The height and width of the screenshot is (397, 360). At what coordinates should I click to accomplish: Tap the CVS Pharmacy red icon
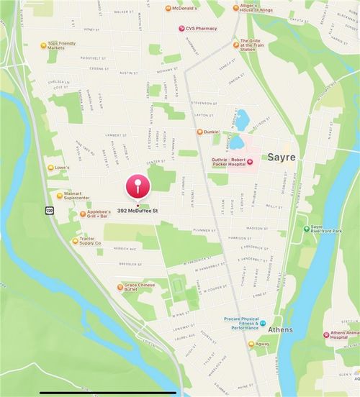point(181,28)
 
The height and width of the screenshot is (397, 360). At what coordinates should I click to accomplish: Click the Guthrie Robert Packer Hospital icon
point(250,163)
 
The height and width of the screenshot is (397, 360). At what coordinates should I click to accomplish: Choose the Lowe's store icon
point(49,167)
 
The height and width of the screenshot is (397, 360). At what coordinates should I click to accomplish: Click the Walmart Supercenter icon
point(60,195)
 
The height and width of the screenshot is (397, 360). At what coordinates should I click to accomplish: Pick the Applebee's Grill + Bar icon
point(81,214)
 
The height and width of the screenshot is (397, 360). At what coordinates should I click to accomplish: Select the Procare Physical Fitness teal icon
point(263,324)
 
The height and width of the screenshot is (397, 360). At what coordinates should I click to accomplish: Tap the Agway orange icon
point(251,344)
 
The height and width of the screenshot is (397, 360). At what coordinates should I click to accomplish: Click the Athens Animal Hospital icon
point(325,334)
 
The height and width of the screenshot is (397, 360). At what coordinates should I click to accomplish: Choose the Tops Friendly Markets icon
point(42,45)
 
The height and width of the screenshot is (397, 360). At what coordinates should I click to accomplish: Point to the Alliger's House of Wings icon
point(233,8)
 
